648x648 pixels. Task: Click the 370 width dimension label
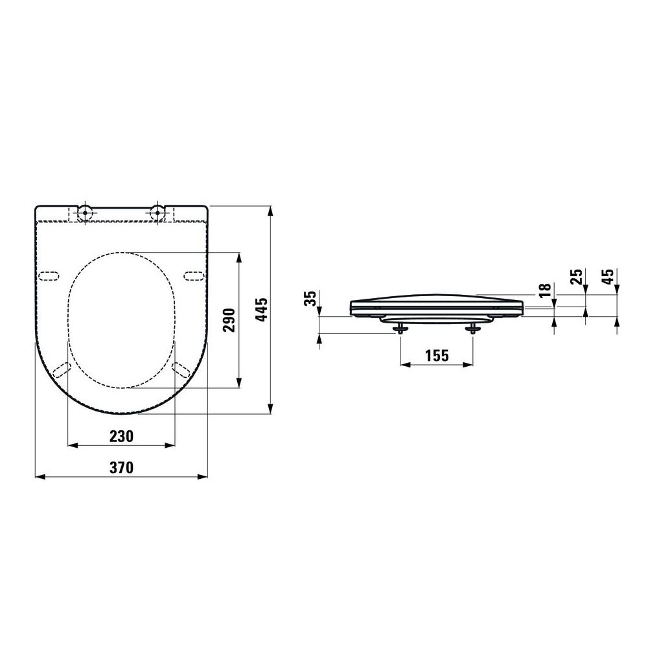pos(122,467)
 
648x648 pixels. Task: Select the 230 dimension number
pos(122,436)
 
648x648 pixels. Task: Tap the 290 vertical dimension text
pos(229,320)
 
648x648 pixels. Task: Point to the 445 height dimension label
pos(261,309)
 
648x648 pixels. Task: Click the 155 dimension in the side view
pos(437,355)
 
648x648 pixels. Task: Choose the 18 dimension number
pos(545,290)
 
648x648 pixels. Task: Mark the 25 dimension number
pos(576,276)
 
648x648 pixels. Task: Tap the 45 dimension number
pos(608,276)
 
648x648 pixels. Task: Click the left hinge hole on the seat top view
pos(85,213)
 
